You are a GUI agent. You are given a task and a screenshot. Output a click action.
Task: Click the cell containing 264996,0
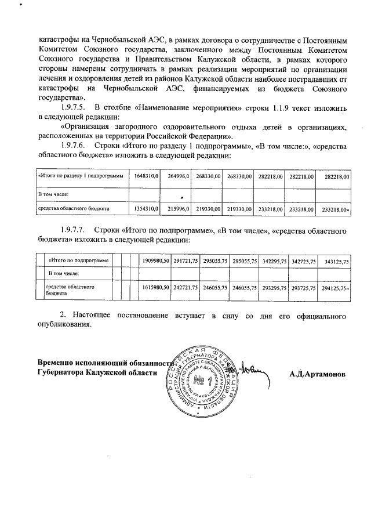point(179,176)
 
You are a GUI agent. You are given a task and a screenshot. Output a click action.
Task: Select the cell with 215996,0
point(179,207)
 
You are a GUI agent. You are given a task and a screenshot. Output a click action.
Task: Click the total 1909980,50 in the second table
point(155,262)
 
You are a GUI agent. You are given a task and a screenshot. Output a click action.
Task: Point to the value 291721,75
point(185,262)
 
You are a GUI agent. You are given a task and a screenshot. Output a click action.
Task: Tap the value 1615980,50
point(155,287)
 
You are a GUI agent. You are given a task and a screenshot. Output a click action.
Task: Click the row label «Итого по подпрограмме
point(79,262)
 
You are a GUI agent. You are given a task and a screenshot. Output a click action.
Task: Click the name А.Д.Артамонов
point(318,374)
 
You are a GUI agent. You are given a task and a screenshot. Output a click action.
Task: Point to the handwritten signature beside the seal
point(251,367)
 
